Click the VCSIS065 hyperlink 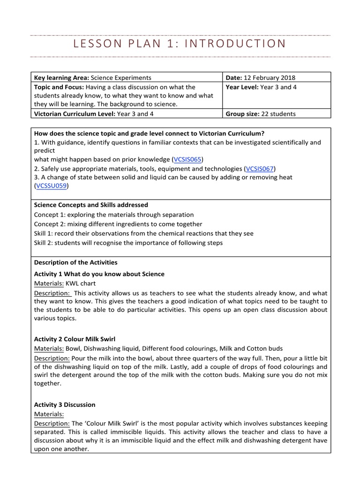pos(189,159)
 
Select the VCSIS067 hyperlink pos(260,168)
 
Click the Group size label pos(241,113)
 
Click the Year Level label pos(242,87)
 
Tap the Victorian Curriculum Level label pos(75,113)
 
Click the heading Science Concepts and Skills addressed pos(91,205)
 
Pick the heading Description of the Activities pos(75,262)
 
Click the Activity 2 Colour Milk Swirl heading pos(75,338)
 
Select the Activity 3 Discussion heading pos(65,405)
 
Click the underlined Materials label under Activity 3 pos(49,414)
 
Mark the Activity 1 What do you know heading pos(99,274)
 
